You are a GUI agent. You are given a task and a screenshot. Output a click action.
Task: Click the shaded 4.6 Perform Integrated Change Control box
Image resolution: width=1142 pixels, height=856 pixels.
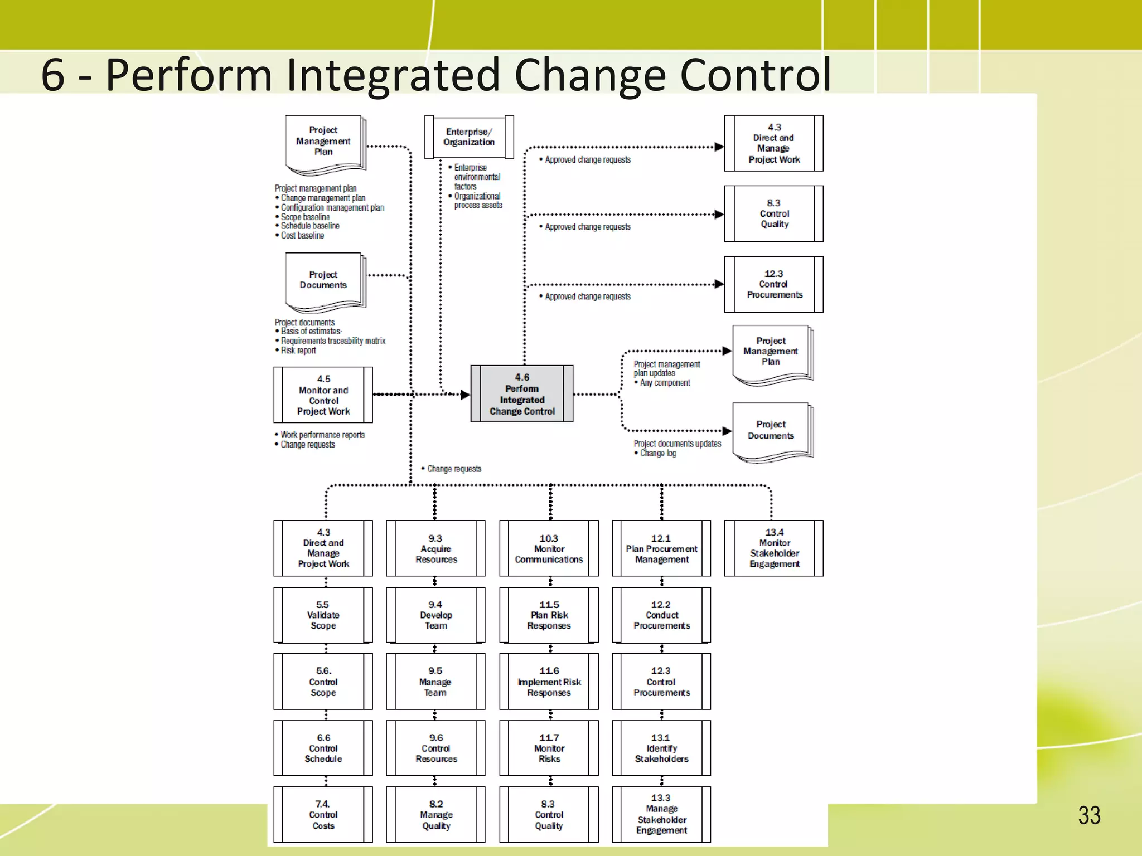[522, 394]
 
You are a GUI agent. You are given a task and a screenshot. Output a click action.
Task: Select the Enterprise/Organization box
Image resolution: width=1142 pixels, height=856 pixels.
[469, 137]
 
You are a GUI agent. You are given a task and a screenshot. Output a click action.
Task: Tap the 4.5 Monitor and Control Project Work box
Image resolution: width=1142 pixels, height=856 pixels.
[323, 395]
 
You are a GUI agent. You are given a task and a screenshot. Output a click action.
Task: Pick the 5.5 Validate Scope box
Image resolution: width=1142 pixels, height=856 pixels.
[323, 615]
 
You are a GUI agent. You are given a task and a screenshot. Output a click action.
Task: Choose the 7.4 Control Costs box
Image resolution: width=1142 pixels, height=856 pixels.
[323, 815]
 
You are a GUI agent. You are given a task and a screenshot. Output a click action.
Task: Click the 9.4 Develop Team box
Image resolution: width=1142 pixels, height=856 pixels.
[435, 615]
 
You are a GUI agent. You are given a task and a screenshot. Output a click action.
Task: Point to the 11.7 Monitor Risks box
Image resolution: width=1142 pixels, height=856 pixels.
[549, 748]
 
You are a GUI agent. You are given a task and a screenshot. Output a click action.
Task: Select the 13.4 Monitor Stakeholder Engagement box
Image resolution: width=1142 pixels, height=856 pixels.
[774, 548]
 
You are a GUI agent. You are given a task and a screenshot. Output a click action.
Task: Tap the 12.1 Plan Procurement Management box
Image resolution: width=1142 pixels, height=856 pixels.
[661, 548]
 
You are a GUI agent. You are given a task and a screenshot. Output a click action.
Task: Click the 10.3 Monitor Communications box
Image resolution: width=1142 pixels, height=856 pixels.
[549, 548]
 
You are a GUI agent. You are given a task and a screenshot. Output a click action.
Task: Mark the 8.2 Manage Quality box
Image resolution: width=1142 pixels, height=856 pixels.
[435, 815]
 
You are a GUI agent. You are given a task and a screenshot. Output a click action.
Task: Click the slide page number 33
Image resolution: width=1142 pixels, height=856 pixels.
[1089, 815]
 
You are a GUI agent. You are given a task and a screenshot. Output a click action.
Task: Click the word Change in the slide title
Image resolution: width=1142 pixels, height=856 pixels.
[590, 75]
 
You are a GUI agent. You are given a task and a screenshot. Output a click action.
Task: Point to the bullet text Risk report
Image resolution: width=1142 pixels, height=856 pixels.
[298, 351]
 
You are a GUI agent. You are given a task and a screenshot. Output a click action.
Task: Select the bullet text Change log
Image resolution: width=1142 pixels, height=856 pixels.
[658, 453]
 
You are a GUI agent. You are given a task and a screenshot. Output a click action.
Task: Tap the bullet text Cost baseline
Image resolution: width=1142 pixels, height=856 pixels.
[302, 236]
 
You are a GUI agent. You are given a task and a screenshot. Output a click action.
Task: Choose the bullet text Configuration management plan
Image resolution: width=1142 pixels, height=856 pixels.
[332, 208]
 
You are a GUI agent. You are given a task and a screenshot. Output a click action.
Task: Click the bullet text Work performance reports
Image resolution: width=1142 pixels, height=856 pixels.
[322, 435]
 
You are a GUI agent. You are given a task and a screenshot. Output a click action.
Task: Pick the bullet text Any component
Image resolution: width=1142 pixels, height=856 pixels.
[665, 383]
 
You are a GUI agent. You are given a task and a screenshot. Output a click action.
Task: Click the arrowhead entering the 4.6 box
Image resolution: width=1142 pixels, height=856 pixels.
[465, 395]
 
